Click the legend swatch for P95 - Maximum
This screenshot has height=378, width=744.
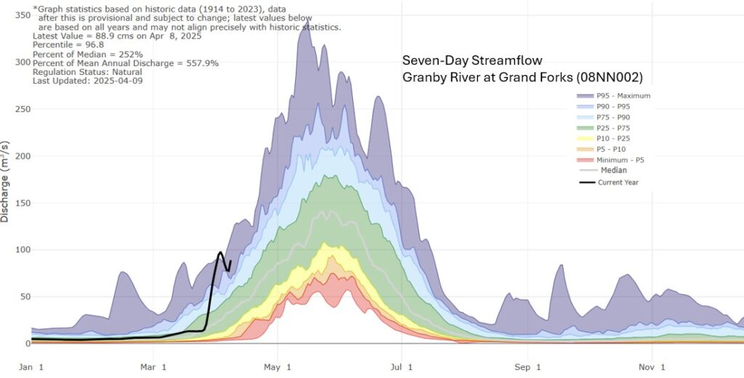coord(583,95)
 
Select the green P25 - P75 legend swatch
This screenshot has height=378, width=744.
coord(583,128)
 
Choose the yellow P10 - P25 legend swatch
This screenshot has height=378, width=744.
coord(583,138)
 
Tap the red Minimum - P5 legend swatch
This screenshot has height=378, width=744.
coord(583,160)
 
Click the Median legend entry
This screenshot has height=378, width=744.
coord(612,170)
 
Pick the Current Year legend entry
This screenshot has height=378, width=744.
coord(618,182)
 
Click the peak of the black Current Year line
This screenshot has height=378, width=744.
coord(220,252)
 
